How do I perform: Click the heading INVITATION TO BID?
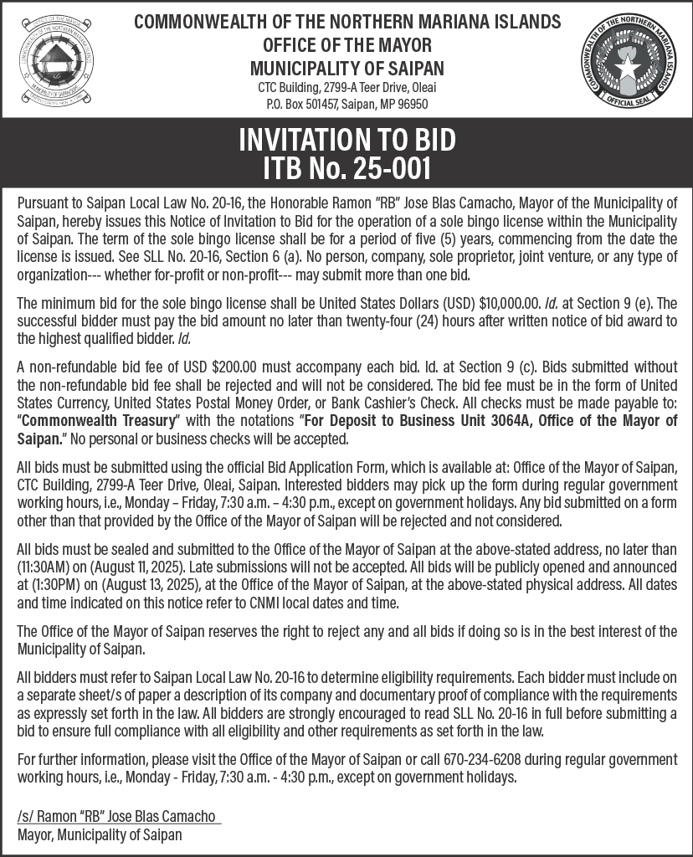[346, 139]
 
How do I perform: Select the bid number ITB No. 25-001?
[346, 167]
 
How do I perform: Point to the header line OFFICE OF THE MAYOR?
[346, 44]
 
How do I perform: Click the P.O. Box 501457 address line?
[346, 105]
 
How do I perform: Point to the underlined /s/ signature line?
[118, 816]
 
